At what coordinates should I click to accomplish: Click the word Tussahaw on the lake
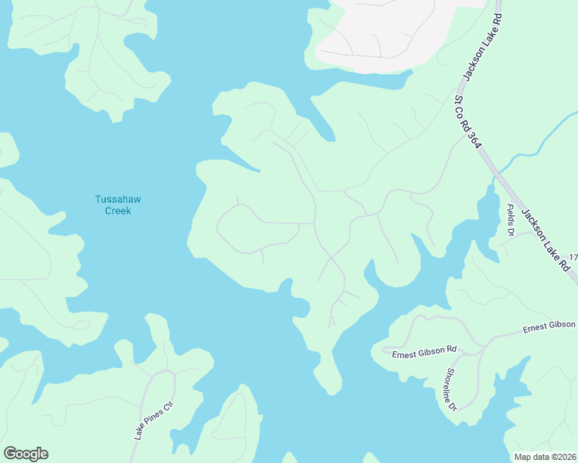tap(117, 199)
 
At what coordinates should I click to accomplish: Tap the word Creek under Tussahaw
tap(117, 211)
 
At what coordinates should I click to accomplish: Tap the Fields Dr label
tap(509, 220)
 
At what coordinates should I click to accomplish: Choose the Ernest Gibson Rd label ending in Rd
tap(424, 352)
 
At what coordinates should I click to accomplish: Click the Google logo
tap(25, 454)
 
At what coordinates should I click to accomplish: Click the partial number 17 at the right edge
tap(573, 257)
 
